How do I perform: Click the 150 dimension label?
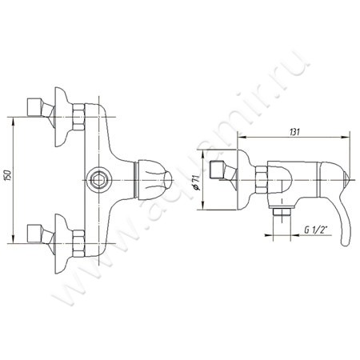click(8, 175)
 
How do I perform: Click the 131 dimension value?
click(294, 132)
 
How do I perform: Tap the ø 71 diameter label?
click(197, 182)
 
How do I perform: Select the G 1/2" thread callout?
click(316, 230)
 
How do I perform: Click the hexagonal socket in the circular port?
click(98, 180)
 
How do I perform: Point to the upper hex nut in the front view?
click(78, 117)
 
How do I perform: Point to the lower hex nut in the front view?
click(78, 243)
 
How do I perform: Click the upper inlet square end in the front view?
click(34, 107)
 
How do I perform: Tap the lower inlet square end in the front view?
click(34, 234)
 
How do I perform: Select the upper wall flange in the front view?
click(61, 117)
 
